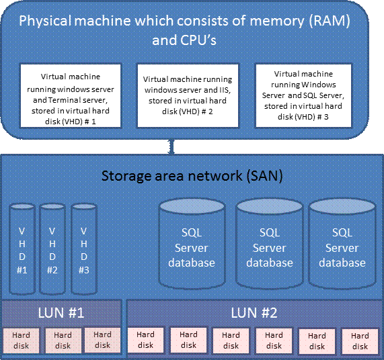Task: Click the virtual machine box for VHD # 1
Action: coord(71,95)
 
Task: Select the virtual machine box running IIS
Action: coord(188,95)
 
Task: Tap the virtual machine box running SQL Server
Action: coord(303,95)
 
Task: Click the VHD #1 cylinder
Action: coord(22,249)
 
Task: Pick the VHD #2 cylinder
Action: coord(52,249)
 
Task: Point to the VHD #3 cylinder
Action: coord(84,249)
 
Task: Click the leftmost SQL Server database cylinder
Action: coord(192,244)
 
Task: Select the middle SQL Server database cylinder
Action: coord(270,244)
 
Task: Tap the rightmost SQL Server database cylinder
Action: coord(342,244)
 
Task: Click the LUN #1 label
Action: coord(61,312)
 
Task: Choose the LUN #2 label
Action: coord(254,312)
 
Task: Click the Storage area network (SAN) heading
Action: coord(192,176)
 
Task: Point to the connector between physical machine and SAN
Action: coord(172,146)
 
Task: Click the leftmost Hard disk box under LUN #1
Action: coord(21,341)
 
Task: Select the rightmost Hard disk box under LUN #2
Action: coord(360,341)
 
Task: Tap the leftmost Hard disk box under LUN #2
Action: coord(145,341)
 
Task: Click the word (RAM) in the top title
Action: coord(330,21)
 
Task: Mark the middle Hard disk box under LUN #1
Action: coord(63,341)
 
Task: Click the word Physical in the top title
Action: coord(45,21)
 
